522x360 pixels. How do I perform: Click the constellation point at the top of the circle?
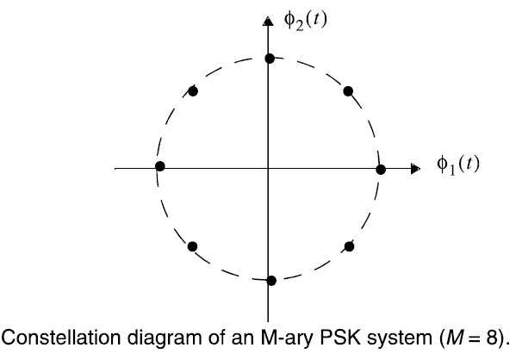click(x=270, y=58)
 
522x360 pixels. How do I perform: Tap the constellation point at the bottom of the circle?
click(x=271, y=280)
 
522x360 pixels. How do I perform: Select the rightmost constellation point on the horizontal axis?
click(x=381, y=169)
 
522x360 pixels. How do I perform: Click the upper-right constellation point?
click(x=349, y=90)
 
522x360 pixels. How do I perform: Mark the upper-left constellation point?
click(x=193, y=90)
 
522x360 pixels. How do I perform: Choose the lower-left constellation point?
click(x=193, y=246)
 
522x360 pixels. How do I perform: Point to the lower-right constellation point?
click(x=349, y=246)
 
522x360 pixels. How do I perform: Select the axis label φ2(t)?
click(x=305, y=16)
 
